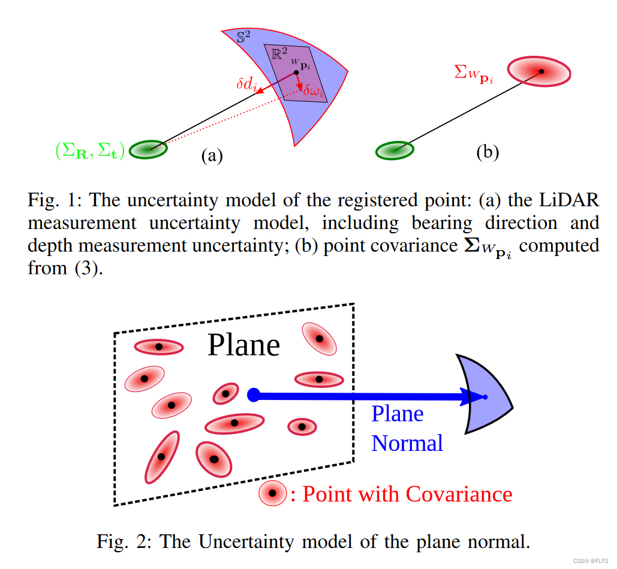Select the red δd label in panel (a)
[246, 85]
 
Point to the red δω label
[314, 92]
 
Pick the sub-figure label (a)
[212, 156]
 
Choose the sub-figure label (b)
[487, 152]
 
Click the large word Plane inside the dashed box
[243, 345]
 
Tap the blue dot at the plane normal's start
[253, 394]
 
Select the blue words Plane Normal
[407, 428]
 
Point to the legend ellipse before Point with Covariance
[272, 493]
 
